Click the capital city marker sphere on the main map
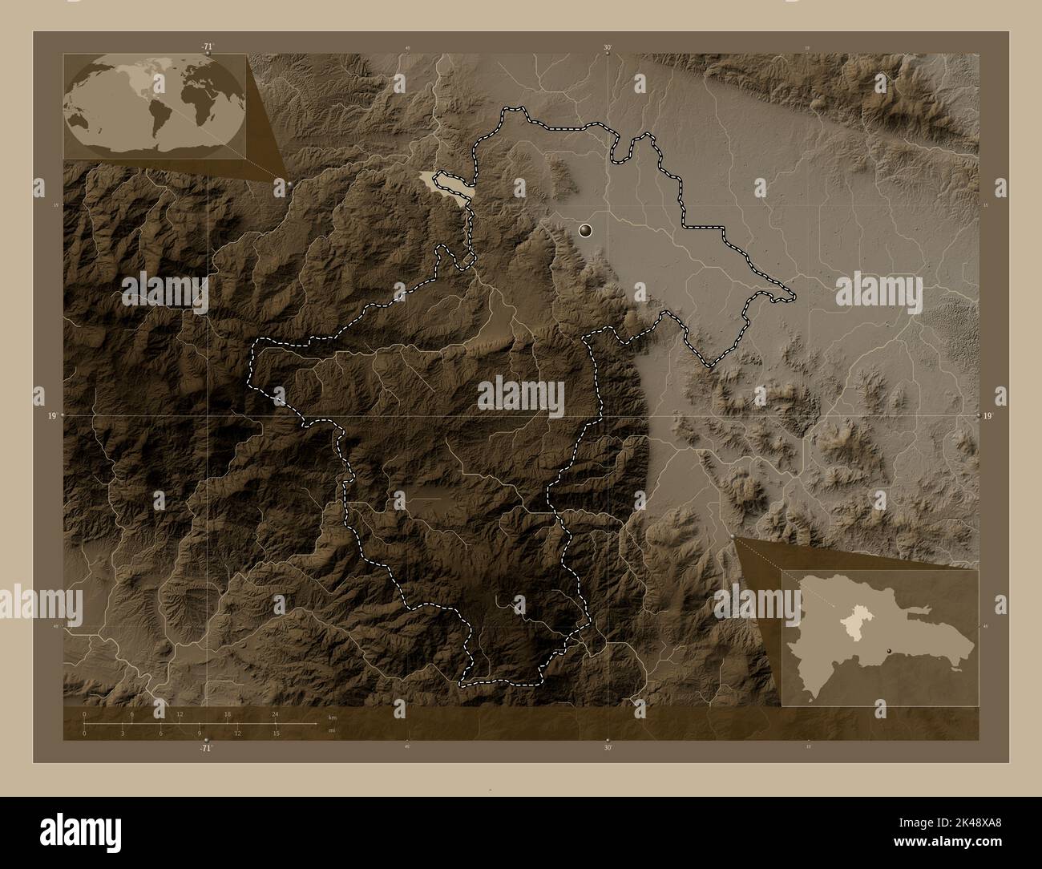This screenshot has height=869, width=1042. [588, 231]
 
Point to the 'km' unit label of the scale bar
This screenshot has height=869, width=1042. [333, 717]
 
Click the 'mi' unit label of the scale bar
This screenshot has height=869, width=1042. [332, 730]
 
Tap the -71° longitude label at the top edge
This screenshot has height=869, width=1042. [208, 47]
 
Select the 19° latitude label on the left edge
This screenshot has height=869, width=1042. [51, 416]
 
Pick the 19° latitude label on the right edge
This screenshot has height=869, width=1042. [988, 416]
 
